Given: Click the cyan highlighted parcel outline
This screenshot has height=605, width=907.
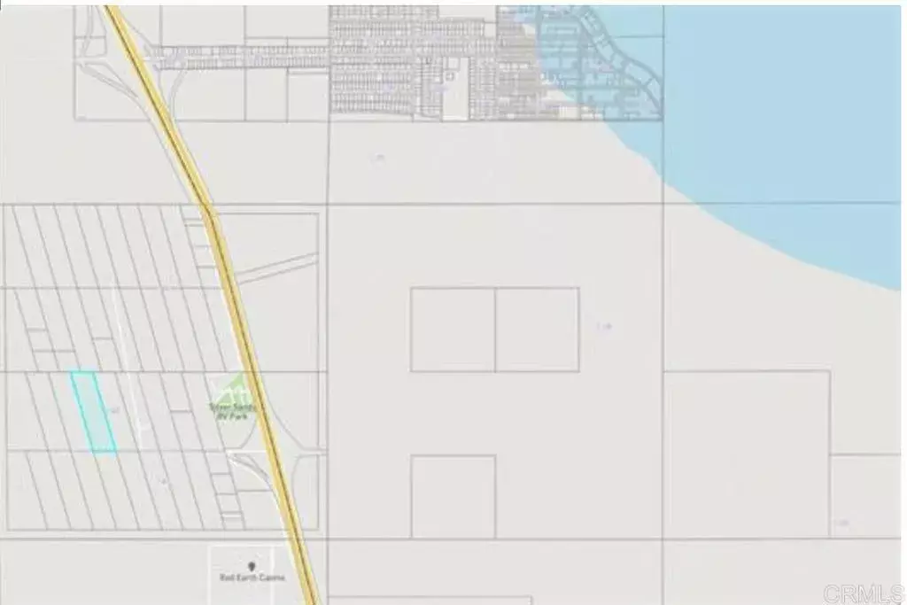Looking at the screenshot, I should pos(93,412).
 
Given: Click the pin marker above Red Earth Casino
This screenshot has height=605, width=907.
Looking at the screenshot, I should pos(252,565).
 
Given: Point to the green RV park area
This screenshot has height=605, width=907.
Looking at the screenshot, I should pos(232,390).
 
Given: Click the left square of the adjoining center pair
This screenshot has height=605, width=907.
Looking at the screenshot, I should pos(453,330).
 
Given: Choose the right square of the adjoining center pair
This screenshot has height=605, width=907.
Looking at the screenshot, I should pos(537,330).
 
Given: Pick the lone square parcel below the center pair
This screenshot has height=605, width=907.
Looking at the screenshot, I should pos(453,496).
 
